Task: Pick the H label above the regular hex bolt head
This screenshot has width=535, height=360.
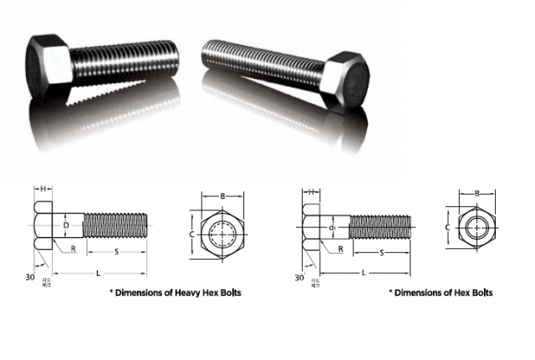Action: tap(311, 192)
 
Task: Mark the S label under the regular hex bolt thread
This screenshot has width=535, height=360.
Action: tap(382, 251)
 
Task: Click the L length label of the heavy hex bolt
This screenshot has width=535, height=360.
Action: tap(99, 273)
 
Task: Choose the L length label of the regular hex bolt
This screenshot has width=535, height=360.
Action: tap(364, 273)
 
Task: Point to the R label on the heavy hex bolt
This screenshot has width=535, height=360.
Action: tap(74, 249)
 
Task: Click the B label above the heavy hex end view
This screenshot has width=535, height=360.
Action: tap(222, 196)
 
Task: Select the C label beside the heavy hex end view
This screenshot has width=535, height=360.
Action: tap(192, 235)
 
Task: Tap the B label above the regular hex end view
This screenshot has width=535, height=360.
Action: tap(476, 193)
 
